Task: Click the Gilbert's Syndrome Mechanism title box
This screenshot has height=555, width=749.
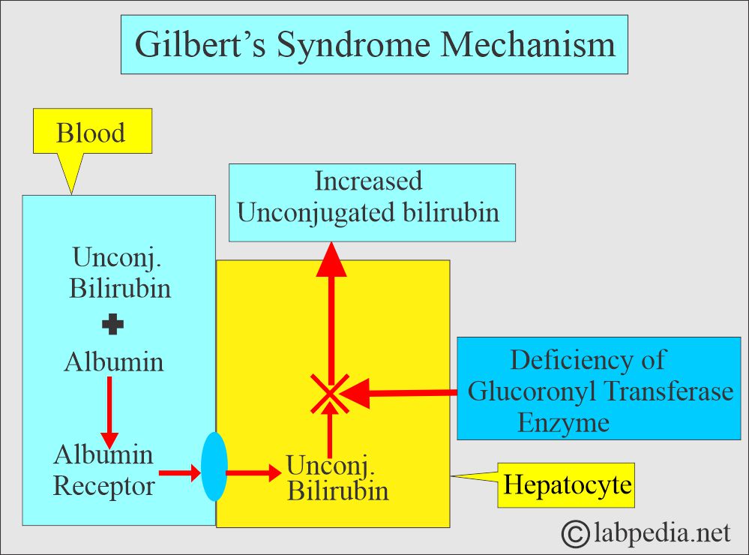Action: pos(374,45)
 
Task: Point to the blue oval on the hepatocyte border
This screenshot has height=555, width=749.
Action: pos(214,466)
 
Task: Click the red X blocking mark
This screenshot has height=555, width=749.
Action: pos(330,393)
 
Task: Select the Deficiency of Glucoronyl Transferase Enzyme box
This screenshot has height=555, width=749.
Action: pos(598,388)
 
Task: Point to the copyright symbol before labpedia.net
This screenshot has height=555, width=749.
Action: pos(576,533)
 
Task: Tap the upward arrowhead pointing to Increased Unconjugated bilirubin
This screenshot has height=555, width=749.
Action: pos(331,262)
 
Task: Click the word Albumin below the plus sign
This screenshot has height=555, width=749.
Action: pos(114,362)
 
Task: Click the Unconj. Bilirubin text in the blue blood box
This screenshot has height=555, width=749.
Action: pos(120,273)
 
